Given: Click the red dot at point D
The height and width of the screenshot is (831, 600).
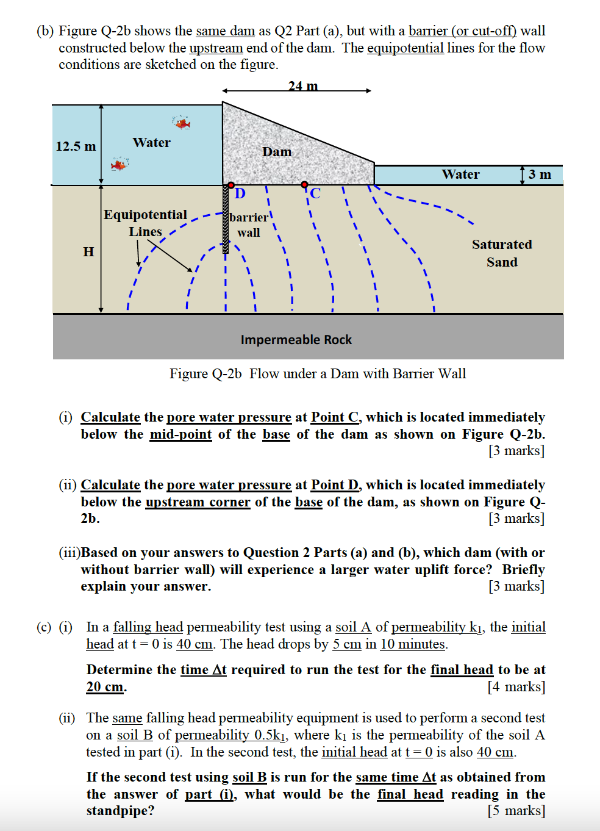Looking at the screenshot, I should (x=231, y=185).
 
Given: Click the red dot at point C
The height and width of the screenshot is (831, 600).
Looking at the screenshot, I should (x=304, y=184).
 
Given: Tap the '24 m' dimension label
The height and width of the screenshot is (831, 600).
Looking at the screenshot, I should (x=303, y=86).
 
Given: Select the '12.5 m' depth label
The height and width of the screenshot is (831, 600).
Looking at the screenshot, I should (x=76, y=146).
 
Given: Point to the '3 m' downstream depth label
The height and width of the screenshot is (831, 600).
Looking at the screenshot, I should (x=540, y=174).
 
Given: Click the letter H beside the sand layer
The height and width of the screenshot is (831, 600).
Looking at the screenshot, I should (x=88, y=251).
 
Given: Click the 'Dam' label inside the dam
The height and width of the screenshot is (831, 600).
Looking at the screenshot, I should (x=277, y=152).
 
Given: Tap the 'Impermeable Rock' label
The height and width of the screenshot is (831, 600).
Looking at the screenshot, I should (x=296, y=340).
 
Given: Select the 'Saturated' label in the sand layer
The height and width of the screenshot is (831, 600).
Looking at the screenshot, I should (x=502, y=245).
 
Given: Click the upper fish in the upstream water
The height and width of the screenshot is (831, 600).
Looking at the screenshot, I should (x=182, y=124).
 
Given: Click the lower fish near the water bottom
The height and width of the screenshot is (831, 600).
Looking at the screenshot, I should (x=119, y=164).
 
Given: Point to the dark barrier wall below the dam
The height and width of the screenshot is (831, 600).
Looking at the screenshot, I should (x=225, y=220).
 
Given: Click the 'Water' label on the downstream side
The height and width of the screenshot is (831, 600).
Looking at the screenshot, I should (x=460, y=174).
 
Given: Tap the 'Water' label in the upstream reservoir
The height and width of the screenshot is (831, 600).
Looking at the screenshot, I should (x=151, y=143).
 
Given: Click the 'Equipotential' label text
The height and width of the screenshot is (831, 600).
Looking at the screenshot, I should (x=145, y=215).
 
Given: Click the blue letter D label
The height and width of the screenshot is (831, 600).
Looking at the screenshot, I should (x=240, y=194).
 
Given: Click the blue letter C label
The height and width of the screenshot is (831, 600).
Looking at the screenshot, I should (x=315, y=194).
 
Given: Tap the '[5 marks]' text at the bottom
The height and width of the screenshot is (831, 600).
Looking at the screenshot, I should (x=516, y=810).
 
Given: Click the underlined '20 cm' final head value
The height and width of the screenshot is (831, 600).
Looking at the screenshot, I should (x=105, y=687).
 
